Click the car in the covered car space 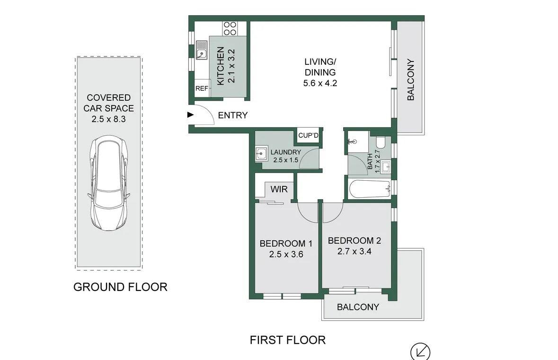[x=108, y=183]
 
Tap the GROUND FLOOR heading [x=120, y=287]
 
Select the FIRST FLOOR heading [x=288, y=340]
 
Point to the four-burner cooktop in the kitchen [x=230, y=28]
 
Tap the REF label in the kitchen [x=202, y=88]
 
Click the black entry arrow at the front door [x=190, y=115]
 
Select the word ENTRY [x=233, y=115]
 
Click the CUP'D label [x=308, y=136]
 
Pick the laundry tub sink [x=261, y=154]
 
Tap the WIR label [x=279, y=189]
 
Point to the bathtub [x=369, y=189]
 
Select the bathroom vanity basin [x=385, y=167]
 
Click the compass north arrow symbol [x=420, y=352]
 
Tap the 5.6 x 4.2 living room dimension [x=320, y=83]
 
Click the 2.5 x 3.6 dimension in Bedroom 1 [x=286, y=255]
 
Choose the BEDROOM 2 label [x=354, y=241]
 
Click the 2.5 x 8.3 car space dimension [x=108, y=119]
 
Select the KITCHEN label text [x=221, y=66]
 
